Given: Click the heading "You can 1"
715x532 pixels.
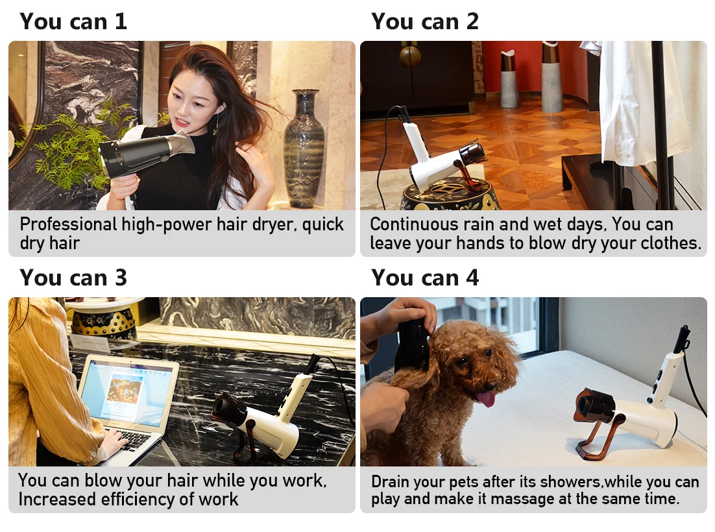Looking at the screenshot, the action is click(73, 21).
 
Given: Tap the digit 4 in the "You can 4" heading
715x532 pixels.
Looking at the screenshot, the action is click(472, 278).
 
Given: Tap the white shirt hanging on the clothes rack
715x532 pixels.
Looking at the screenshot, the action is click(638, 105).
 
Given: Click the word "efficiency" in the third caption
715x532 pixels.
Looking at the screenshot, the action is click(138, 500).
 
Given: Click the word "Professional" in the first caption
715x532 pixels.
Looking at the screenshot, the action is click(68, 224).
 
